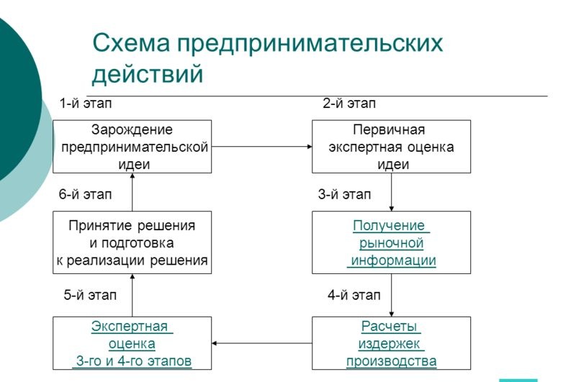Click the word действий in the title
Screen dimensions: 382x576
[148, 73]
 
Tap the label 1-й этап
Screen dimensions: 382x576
[86, 104]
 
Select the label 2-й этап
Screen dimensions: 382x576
[349, 104]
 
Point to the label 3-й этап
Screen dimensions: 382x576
[345, 194]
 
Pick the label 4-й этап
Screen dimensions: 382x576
[354, 295]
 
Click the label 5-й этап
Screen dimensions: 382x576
[90, 295]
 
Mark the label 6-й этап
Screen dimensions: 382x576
[85, 194]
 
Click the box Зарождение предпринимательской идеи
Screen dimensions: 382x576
[132, 147]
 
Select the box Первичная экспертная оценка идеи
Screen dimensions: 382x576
[391, 147]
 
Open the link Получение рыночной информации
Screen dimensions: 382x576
[391, 243]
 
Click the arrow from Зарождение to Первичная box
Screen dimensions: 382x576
[262, 147]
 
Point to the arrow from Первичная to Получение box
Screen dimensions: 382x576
[391, 192]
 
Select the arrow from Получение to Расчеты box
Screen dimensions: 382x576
[391, 295]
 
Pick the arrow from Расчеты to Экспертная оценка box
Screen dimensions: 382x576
[262, 343]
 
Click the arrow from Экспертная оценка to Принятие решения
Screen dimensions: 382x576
[132, 295]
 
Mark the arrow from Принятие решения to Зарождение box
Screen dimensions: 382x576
[132, 192]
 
